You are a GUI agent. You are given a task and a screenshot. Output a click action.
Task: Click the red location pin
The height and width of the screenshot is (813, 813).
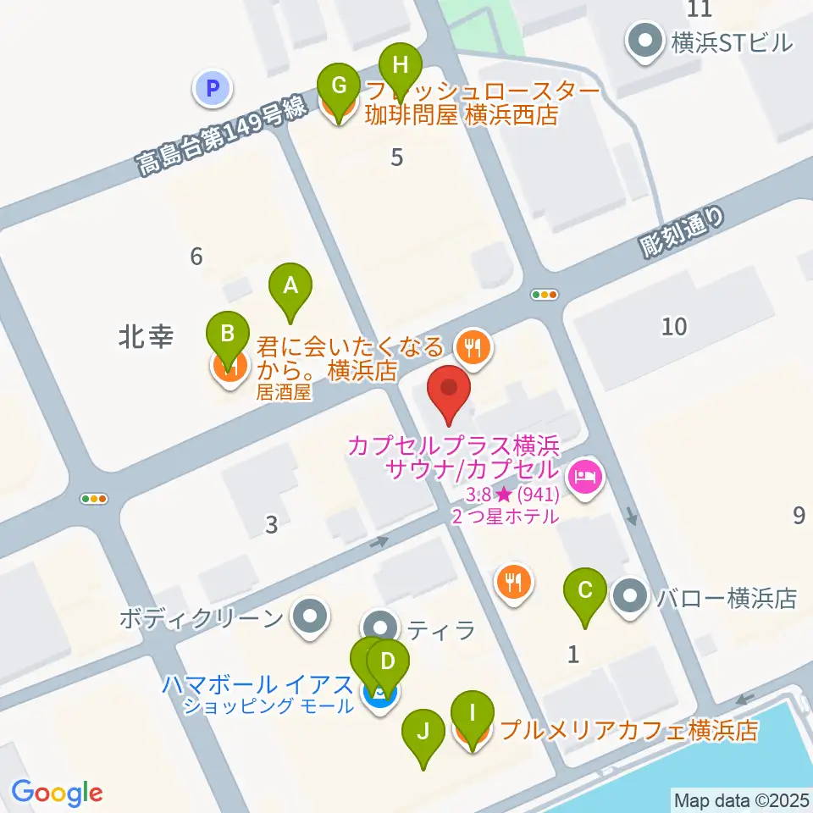449,395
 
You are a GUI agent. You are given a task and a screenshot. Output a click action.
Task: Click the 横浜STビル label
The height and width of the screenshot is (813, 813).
731,41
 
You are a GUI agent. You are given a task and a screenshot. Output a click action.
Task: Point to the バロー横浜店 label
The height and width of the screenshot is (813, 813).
727,599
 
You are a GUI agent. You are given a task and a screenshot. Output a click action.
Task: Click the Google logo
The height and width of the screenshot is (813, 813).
57,793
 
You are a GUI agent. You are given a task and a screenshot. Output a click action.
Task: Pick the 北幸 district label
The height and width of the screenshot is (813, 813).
147,338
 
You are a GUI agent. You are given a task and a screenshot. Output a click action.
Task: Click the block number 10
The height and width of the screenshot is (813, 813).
674,326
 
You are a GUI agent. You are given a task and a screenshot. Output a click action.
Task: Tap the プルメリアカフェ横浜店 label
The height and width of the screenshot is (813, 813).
628,730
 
